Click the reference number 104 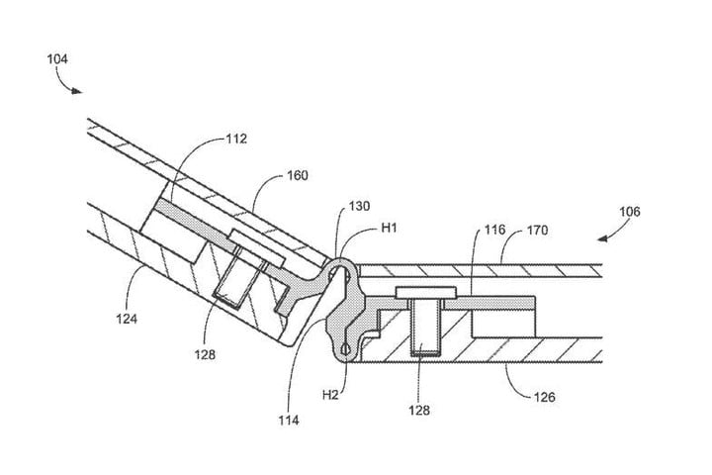point(58,59)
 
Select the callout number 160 point(298,176)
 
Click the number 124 point(126,319)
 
